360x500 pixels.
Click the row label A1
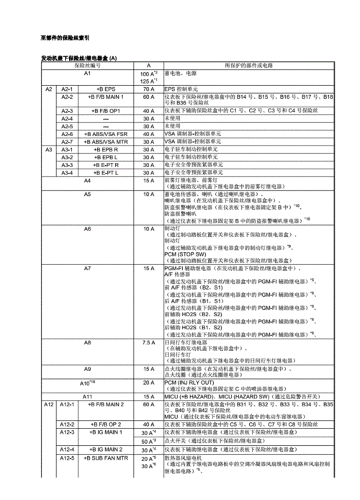click(x=87, y=73)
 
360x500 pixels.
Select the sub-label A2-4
click(x=68, y=119)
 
